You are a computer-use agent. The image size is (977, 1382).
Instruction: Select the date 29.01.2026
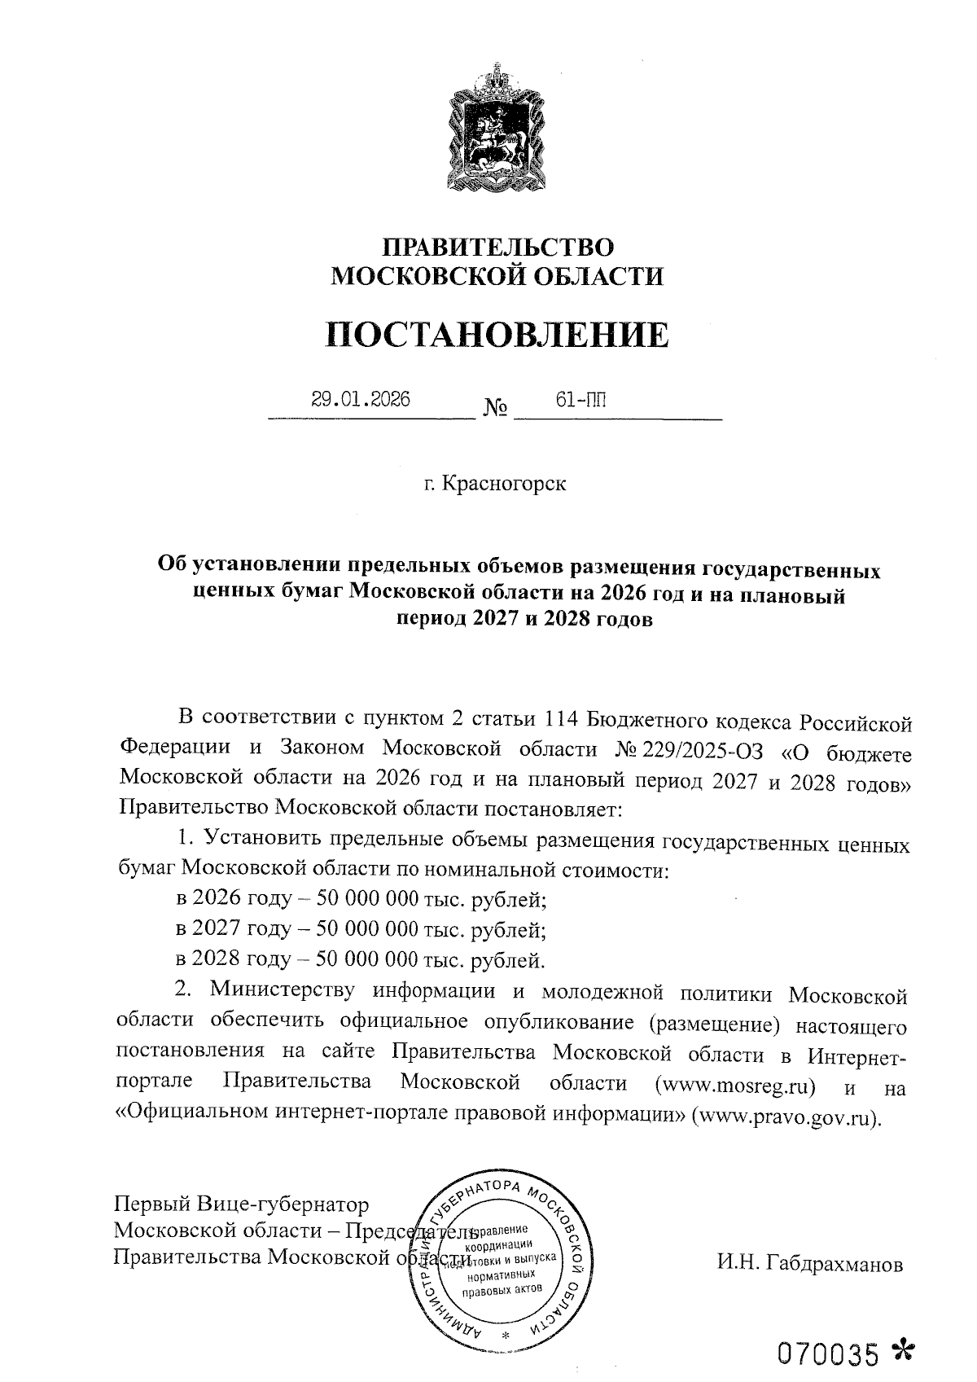pos(361,400)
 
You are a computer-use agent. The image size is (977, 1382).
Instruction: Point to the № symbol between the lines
pos(495,407)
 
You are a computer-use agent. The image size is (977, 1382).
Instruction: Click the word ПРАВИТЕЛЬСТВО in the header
pos(497,247)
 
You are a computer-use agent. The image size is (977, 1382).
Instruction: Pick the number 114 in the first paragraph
pos(563,720)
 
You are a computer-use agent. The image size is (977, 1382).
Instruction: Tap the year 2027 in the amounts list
pos(214,929)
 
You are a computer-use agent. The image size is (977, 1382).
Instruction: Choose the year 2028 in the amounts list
pos(214,959)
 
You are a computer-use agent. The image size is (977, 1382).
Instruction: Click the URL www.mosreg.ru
pos(740,1085)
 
